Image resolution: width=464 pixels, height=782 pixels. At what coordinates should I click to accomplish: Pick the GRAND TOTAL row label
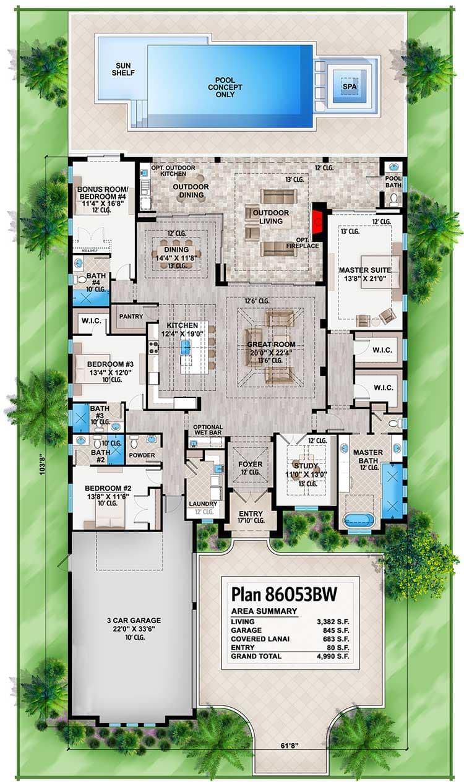click(256, 656)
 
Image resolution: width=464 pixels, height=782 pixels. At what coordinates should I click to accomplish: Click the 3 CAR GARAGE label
click(132, 620)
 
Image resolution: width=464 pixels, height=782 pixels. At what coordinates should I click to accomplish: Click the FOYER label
click(250, 464)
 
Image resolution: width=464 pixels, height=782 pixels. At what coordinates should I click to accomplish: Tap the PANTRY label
click(131, 316)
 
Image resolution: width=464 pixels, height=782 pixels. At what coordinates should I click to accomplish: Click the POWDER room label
click(142, 455)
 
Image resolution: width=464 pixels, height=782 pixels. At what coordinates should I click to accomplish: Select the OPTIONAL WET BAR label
click(207, 431)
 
